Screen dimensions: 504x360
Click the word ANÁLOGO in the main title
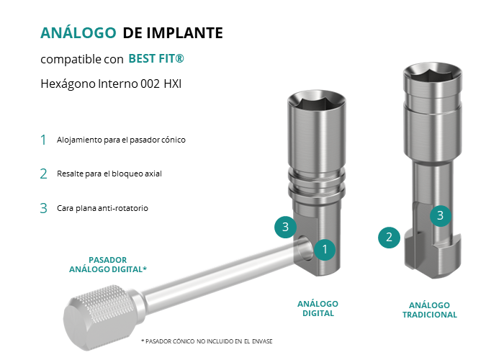[x=78, y=32]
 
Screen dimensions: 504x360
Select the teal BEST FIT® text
[x=156, y=58]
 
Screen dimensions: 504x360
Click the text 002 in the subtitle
[x=150, y=84]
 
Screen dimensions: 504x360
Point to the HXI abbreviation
[x=173, y=84]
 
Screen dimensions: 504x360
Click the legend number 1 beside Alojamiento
[x=43, y=140]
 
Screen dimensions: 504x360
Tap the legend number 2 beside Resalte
[x=43, y=174]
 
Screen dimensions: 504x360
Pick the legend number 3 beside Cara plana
[x=43, y=208]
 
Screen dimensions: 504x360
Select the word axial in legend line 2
[x=153, y=174]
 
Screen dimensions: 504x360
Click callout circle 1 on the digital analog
[x=325, y=249]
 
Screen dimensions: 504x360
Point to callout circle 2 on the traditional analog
[x=389, y=238]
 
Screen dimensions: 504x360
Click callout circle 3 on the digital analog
[x=285, y=227]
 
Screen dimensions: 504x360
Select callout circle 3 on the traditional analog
[x=441, y=216]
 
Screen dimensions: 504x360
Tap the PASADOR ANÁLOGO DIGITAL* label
[x=108, y=264]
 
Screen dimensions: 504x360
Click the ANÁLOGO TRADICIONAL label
[x=429, y=310]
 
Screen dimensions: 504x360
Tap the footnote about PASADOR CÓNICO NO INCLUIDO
[x=207, y=341]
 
